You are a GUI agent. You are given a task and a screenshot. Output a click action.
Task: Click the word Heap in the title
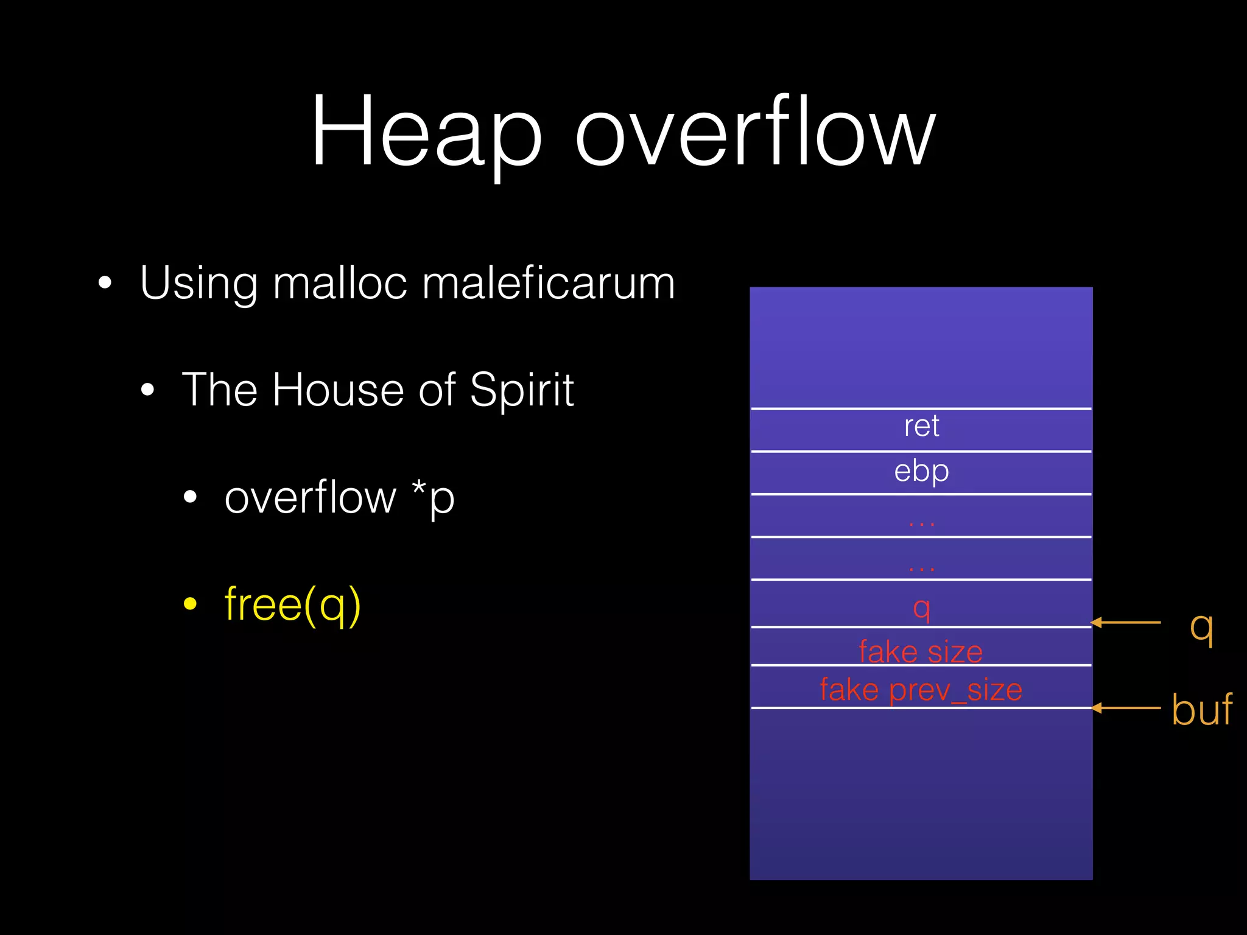pos(426,131)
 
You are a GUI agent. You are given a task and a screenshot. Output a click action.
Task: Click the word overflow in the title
pos(755,131)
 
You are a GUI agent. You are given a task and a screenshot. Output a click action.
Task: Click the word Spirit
pos(522,390)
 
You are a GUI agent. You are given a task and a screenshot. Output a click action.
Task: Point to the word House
pos(338,390)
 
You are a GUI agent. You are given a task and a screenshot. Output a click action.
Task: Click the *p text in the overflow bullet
pos(433,498)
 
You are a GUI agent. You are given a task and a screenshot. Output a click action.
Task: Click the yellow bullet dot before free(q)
pos(191,604)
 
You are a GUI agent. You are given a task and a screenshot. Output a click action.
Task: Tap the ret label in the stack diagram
pos(921,425)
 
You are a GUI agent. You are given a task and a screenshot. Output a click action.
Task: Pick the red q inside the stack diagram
pos(921,607)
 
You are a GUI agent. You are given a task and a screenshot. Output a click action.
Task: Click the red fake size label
pos(921,651)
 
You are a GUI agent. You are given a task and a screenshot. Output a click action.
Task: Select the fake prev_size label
pos(921,690)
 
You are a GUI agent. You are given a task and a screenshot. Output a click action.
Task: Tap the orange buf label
pos(1201,709)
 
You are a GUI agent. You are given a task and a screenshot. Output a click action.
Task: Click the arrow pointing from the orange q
pos(1126,622)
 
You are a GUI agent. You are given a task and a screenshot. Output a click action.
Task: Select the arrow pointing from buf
pos(1126,708)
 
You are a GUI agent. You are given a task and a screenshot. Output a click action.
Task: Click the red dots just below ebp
pos(921,522)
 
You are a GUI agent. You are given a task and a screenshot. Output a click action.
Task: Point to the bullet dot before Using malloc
pos(105,283)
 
